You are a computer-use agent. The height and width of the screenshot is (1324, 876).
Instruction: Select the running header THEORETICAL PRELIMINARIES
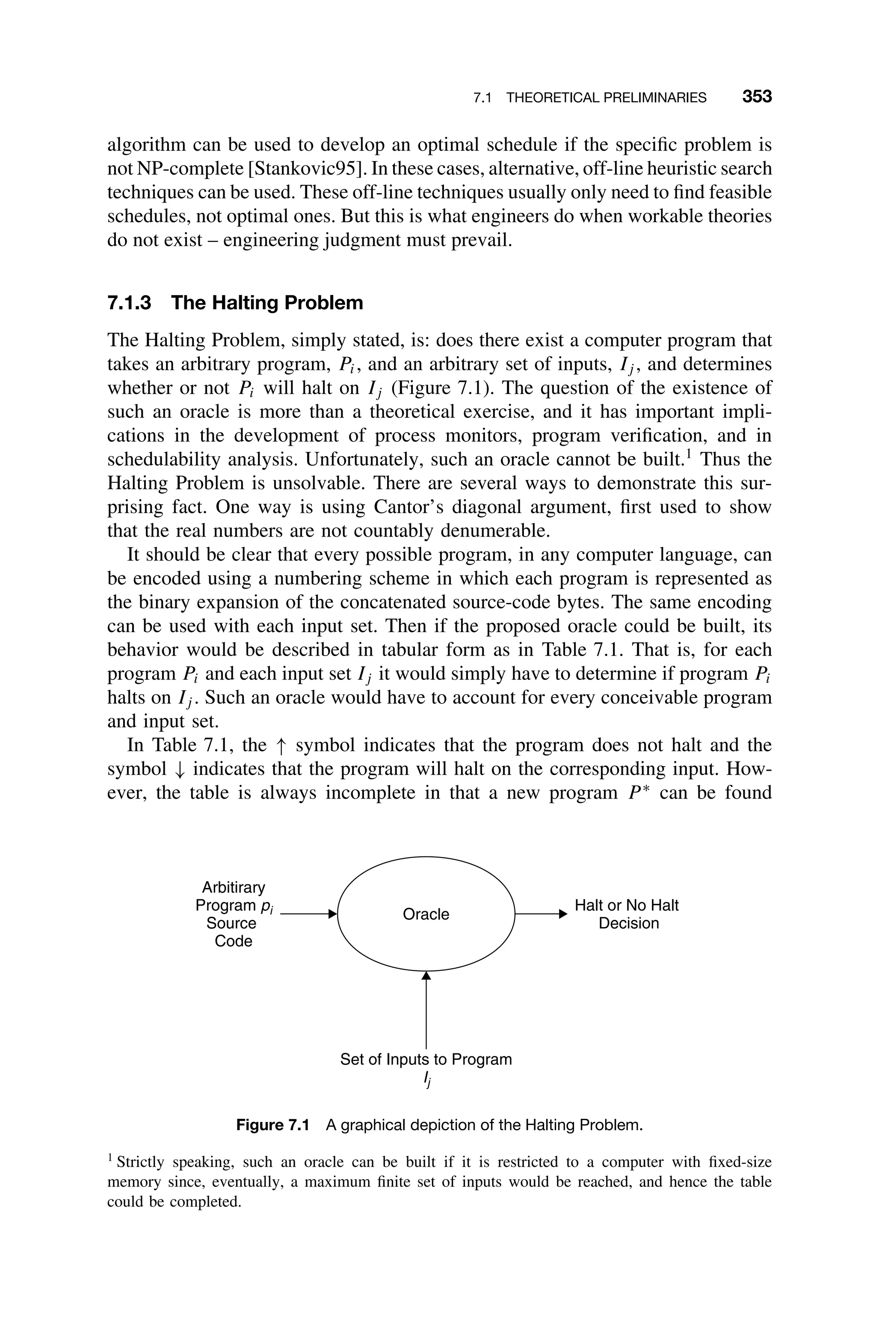(x=606, y=98)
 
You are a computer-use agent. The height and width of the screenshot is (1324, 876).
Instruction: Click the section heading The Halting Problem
(x=267, y=303)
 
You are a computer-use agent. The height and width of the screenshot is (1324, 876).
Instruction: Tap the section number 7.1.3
(x=129, y=303)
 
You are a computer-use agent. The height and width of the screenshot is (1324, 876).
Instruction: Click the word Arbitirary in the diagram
(x=234, y=887)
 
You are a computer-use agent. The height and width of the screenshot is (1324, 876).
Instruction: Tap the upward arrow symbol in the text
(x=281, y=746)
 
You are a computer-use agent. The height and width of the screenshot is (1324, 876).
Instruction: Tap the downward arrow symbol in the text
(x=179, y=770)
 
